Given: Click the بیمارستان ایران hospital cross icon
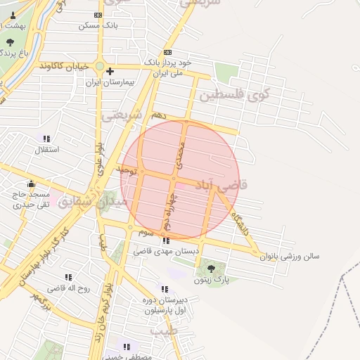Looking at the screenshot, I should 110,71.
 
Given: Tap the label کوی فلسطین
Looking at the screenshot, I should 235,94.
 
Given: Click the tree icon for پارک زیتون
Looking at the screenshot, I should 211,268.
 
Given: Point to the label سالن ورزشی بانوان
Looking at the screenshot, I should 290,257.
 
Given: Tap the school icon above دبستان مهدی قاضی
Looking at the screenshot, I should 165,240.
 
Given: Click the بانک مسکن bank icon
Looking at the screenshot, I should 98,15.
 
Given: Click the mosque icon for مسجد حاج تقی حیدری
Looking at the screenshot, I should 31,184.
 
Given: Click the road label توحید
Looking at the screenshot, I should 127,169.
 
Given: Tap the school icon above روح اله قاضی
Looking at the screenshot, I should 68,277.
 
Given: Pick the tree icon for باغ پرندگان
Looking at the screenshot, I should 9,42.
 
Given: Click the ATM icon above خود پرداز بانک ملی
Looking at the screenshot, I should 167,52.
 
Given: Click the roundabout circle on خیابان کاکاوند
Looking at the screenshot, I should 100,68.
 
